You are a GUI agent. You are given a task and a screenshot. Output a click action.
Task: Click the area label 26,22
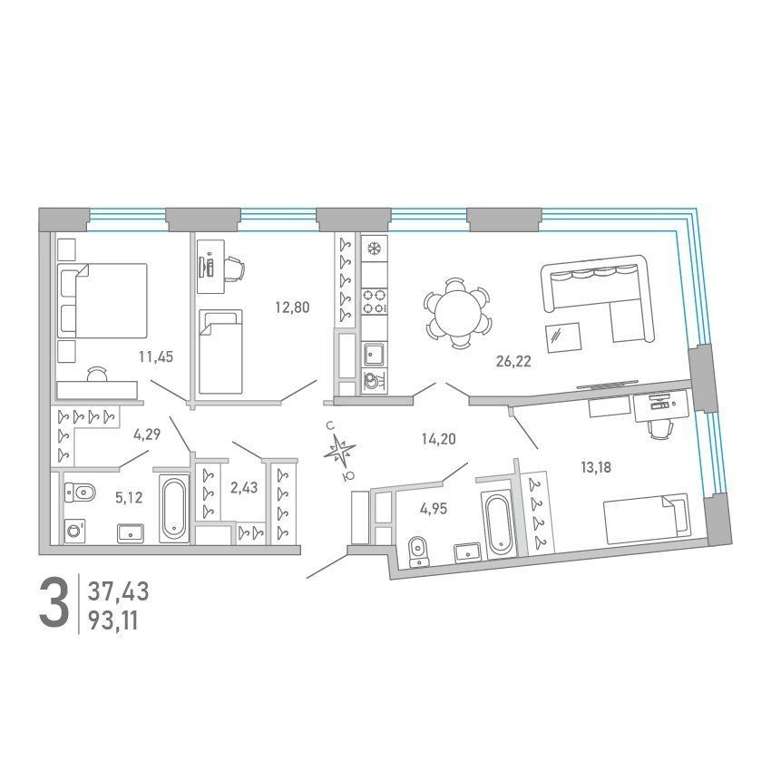[x=513, y=362]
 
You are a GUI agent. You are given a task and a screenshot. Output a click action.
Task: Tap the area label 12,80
[x=292, y=307]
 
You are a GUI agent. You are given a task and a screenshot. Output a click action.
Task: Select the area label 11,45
[x=156, y=357]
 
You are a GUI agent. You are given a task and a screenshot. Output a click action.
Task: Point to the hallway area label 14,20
[x=439, y=439]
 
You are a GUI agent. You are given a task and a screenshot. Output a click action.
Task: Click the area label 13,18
[x=596, y=467]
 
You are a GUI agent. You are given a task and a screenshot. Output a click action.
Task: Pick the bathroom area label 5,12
[x=129, y=498]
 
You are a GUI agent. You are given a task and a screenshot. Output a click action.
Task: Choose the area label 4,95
[x=434, y=509]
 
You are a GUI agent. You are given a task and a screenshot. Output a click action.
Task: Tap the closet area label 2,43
[x=244, y=488]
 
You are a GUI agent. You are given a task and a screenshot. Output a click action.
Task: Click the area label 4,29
[x=147, y=434]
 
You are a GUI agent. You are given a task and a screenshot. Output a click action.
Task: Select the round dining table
[x=458, y=313]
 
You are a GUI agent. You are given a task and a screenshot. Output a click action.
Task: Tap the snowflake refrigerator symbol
[x=375, y=249]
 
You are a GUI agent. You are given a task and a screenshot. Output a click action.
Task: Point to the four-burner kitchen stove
[x=375, y=301]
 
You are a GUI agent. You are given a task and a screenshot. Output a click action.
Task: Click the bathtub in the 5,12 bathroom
[x=174, y=509]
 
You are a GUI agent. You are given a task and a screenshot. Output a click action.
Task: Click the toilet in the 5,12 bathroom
[x=79, y=492]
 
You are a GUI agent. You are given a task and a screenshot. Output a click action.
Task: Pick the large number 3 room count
[x=54, y=603]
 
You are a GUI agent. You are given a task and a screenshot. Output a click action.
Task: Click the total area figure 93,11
[x=113, y=621]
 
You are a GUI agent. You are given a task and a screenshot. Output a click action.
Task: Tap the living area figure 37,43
[x=118, y=591]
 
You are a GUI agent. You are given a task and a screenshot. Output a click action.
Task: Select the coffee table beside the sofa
[x=563, y=337]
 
